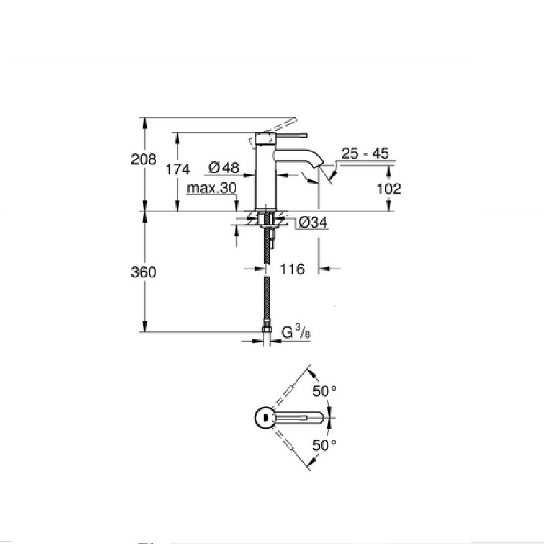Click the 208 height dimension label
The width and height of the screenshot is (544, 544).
(143, 159)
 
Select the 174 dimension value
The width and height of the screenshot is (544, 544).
(177, 169)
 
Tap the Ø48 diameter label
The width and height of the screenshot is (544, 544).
(224, 167)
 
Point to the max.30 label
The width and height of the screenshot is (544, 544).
(211, 188)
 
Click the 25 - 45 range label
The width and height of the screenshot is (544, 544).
(365, 154)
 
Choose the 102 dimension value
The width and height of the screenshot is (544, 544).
(388, 189)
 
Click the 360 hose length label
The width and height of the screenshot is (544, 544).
(143, 272)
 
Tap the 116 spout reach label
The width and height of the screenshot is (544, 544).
(292, 269)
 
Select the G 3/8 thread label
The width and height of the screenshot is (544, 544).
(296, 333)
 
